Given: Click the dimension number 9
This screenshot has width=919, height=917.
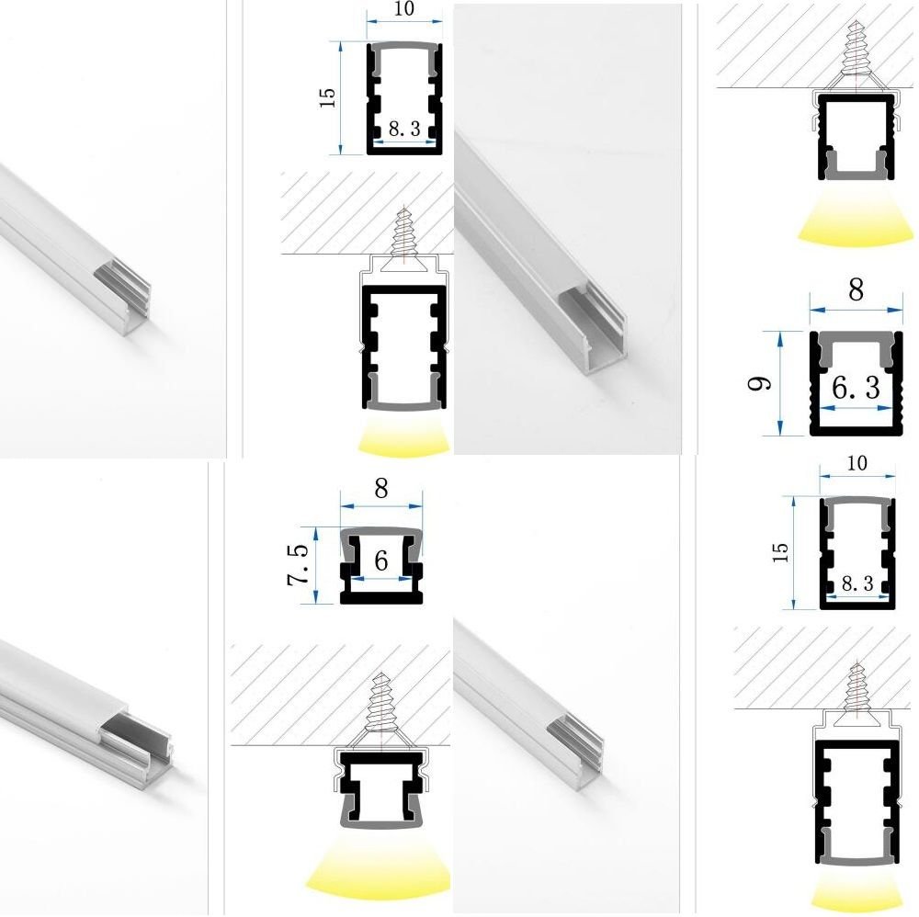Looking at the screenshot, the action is [x=760, y=384].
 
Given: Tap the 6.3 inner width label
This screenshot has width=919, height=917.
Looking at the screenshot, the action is [x=856, y=388].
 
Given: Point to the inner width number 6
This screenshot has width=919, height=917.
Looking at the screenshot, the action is [x=381, y=560].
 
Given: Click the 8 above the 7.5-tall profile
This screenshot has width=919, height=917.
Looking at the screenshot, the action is [x=381, y=488].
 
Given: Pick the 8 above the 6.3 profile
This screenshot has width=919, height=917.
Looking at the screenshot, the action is [x=856, y=289].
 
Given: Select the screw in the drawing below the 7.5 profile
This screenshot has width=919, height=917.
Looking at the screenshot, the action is [x=381, y=704].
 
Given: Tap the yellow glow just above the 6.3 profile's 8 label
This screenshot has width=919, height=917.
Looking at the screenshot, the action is [x=856, y=222].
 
